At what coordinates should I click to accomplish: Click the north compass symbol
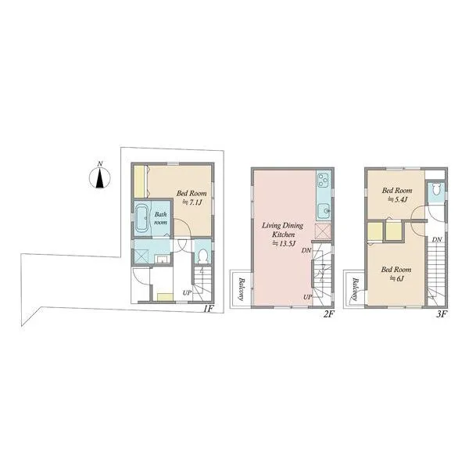pyautogui.click(x=100, y=177)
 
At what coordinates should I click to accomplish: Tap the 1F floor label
pyautogui.click(x=208, y=309)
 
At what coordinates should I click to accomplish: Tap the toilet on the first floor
pyautogui.click(x=203, y=256)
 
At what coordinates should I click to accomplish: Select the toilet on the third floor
pyautogui.click(x=436, y=189)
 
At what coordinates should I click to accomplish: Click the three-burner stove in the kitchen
pyautogui.click(x=324, y=180)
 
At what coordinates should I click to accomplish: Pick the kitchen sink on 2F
pyautogui.click(x=324, y=210)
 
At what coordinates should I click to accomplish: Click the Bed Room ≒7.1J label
pyautogui.click(x=192, y=198)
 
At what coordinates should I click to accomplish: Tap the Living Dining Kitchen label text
pyautogui.click(x=283, y=230)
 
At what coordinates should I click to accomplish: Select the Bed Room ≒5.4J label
pyautogui.click(x=397, y=195)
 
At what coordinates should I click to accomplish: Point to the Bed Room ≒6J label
pyautogui.click(x=396, y=274)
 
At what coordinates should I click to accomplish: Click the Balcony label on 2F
pyautogui.click(x=241, y=288)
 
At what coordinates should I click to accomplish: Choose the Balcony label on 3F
pyautogui.click(x=354, y=288)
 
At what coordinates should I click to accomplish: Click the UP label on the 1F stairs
pyautogui.click(x=188, y=293)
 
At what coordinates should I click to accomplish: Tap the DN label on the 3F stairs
pyautogui.click(x=437, y=239)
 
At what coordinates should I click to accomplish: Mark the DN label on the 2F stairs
pyautogui.click(x=306, y=250)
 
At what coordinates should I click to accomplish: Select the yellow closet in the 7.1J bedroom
pyautogui.click(x=139, y=181)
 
